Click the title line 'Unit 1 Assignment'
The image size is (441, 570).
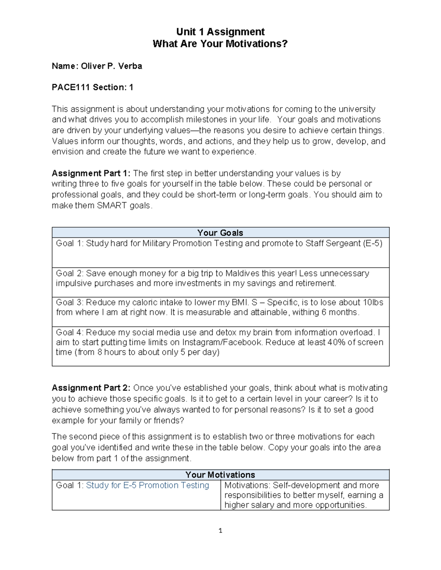(220, 32)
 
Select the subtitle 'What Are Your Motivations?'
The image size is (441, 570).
(220, 44)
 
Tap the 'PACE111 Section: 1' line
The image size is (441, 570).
(93, 87)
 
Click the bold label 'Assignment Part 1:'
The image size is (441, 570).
(91, 173)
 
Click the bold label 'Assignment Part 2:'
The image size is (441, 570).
(91, 388)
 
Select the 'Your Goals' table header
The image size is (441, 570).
(220, 233)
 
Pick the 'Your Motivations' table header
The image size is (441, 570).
(220, 475)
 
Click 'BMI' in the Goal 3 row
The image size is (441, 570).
(240, 302)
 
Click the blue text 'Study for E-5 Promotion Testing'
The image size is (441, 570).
(147, 485)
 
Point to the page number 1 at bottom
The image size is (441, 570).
(220, 530)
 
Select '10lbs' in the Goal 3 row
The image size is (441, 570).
(373, 302)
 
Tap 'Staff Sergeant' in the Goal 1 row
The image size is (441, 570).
(333, 243)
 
